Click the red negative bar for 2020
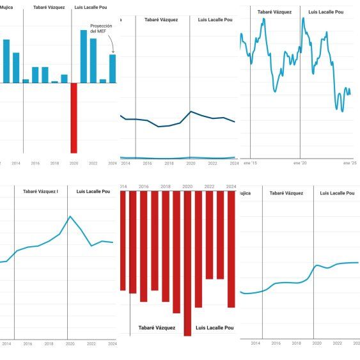(x=74, y=118)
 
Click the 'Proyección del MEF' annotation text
(x=102, y=29)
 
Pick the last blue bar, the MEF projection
(x=113, y=68)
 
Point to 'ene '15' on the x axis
(x=250, y=164)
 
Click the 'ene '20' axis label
(x=300, y=164)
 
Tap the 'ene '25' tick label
(x=349, y=164)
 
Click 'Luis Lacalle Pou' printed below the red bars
(x=214, y=328)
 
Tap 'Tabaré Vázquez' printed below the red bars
(x=157, y=328)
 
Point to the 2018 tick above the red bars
(x=165, y=186)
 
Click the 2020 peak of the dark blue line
(x=191, y=112)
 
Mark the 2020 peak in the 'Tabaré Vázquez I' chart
(x=70, y=217)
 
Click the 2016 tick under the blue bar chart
(x=35, y=164)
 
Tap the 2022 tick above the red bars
(x=209, y=186)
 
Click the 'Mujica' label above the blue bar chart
(x=6, y=8)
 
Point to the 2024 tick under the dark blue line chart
(x=233, y=164)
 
